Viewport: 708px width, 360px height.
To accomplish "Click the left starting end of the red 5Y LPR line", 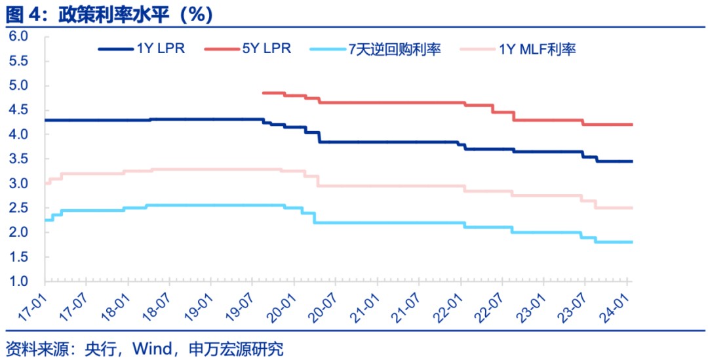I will pos(262,93).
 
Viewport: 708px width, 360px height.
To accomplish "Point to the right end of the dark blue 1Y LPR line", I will pos(632,161).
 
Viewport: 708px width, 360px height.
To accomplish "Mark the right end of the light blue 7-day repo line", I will pos(632,242).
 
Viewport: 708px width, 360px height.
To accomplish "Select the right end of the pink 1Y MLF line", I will pos(632,208).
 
